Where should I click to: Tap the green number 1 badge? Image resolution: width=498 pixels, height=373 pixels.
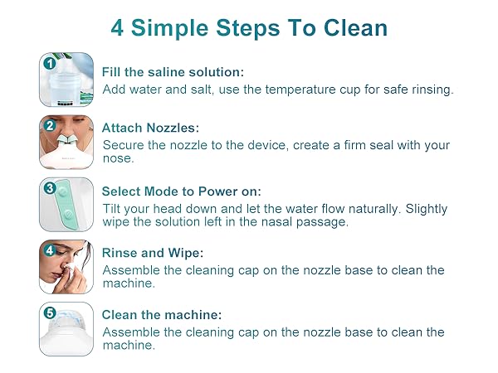[49, 63]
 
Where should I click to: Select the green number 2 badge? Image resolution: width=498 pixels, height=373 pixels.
[49, 126]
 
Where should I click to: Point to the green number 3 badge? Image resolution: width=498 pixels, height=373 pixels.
[49, 188]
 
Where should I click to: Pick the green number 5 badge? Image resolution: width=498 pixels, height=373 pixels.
[49, 313]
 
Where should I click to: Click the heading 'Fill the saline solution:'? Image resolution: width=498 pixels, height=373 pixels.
[173, 72]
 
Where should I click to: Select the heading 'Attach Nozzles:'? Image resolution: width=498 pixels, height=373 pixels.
[151, 128]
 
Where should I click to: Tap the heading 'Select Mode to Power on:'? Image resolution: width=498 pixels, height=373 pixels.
[181, 191]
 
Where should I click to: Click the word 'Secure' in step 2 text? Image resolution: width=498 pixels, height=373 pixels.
[124, 145]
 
